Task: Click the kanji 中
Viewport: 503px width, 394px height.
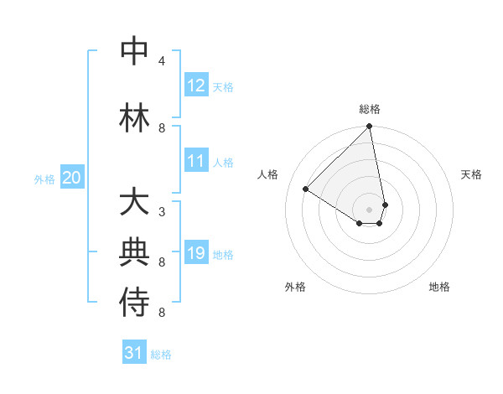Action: pos(135,52)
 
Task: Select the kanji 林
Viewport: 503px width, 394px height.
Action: pos(135,118)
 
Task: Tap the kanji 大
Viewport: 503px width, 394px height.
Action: pos(135,204)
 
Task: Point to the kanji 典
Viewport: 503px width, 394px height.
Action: pos(135,253)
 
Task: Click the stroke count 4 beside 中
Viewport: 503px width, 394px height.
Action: pos(162,61)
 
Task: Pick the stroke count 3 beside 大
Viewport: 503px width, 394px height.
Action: pos(162,211)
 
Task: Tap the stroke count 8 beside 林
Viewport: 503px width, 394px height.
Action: pos(162,128)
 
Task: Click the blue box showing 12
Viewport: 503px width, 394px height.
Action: pos(196,86)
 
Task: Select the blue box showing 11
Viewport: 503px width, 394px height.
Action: pos(196,161)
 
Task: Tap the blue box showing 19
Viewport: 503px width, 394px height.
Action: pos(196,253)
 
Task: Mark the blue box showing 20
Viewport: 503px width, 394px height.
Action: pos(72,178)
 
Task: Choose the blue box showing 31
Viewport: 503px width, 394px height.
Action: pos(134,354)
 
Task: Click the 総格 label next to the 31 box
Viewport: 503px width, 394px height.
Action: pos(161,355)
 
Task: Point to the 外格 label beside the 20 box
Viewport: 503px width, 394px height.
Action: pos(44,179)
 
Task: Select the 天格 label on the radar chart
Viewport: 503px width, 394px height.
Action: pos(472,174)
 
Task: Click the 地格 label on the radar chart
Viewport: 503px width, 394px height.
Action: pos(439,287)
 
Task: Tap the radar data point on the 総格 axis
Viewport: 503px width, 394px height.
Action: pos(369,127)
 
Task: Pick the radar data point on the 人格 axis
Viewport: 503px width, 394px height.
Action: pos(306,189)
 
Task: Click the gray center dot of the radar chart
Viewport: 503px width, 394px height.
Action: pos(370,208)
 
